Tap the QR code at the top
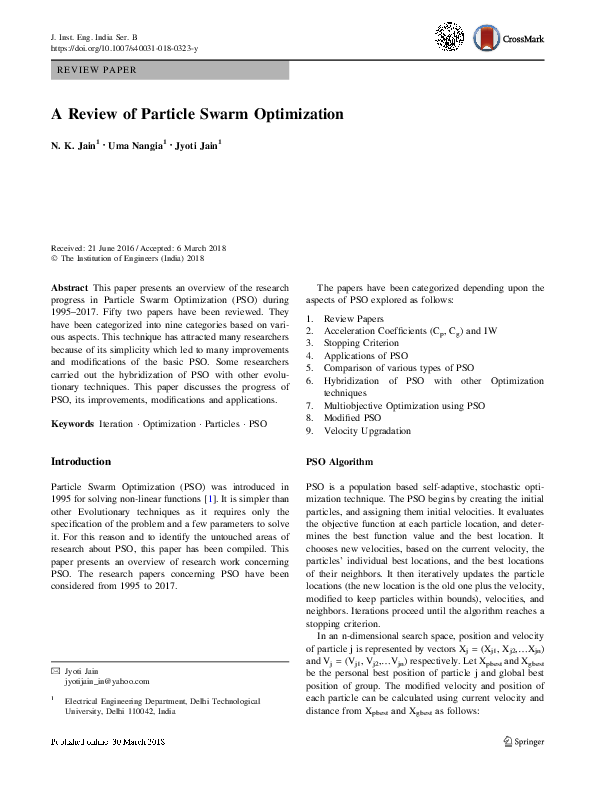coord(450,37)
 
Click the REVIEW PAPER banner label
coord(97,70)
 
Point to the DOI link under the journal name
coord(124,47)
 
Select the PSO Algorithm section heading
coord(338,462)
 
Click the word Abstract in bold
coord(68,287)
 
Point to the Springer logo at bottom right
coord(523,770)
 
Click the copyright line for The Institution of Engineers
coord(126,257)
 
